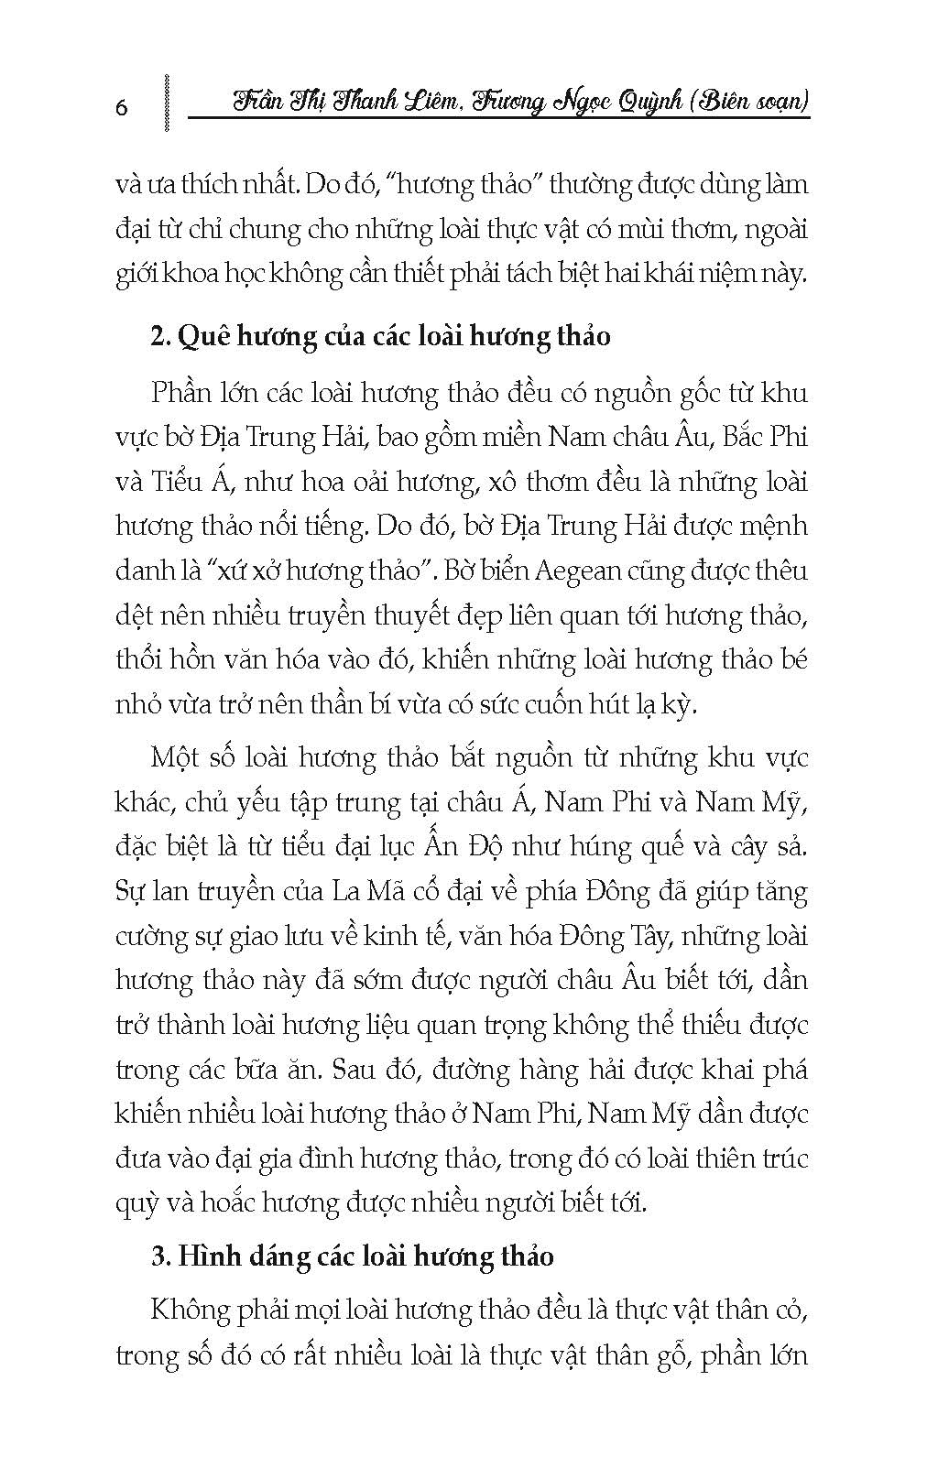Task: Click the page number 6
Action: (122, 107)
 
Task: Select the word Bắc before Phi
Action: (746, 437)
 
